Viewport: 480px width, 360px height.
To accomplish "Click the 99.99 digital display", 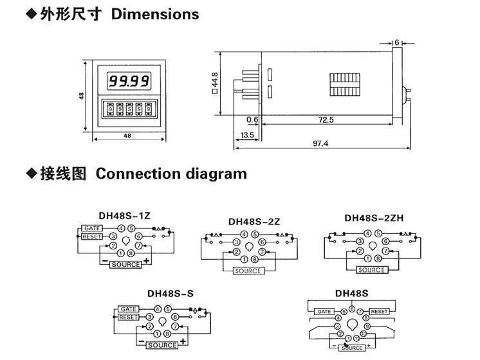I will point(128,82).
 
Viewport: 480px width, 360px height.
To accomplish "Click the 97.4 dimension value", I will point(320,143).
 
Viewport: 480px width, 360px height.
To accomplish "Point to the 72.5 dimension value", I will point(326,120).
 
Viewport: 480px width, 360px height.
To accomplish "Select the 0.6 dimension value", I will point(252,120).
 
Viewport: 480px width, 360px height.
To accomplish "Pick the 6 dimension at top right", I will point(397,42).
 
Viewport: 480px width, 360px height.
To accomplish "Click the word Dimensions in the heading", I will point(155,14).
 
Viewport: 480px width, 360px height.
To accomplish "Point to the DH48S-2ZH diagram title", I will point(374,217).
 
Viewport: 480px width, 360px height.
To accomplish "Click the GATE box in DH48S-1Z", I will point(90,228).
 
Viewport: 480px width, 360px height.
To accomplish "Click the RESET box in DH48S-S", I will point(129,317).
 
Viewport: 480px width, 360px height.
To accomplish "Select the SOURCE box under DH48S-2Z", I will point(248,271).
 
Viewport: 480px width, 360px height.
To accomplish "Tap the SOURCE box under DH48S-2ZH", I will point(372,270).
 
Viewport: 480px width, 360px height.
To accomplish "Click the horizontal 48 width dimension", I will point(127,136).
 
